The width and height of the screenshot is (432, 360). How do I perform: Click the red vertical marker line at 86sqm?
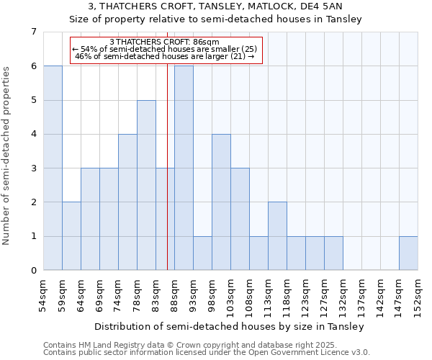pyautogui.click(x=167, y=180)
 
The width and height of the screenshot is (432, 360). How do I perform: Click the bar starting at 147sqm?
pyautogui.click(x=408, y=253)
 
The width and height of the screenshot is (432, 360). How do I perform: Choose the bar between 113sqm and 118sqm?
pyautogui.click(x=277, y=236)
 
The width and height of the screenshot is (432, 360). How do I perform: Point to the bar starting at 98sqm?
pyautogui.click(x=221, y=202)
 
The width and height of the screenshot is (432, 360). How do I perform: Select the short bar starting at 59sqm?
pyautogui.click(x=71, y=236)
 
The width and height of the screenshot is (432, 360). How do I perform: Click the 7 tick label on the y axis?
pyautogui.click(x=33, y=32)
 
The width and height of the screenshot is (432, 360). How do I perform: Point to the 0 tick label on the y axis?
pyautogui.click(x=33, y=271)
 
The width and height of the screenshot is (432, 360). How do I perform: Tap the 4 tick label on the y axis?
pyautogui.click(x=33, y=134)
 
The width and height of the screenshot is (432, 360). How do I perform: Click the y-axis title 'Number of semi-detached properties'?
pyautogui.click(x=7, y=156)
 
